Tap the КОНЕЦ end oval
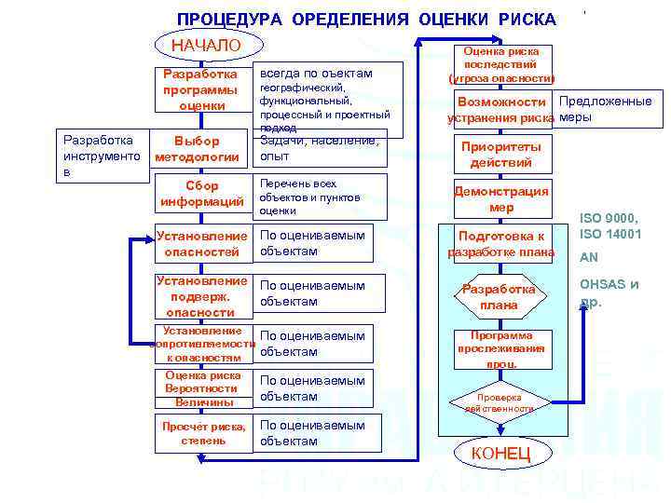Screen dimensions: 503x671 point(501,454)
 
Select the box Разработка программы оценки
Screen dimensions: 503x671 point(200,89)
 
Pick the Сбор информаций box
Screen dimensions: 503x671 point(202,194)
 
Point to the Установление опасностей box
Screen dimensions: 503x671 point(202,243)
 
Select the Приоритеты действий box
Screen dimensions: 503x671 point(501,154)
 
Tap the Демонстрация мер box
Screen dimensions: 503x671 point(501,198)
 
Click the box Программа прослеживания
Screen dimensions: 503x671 point(501,349)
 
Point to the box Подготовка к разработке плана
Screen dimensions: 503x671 point(501,244)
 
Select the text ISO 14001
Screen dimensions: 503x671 point(610,234)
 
